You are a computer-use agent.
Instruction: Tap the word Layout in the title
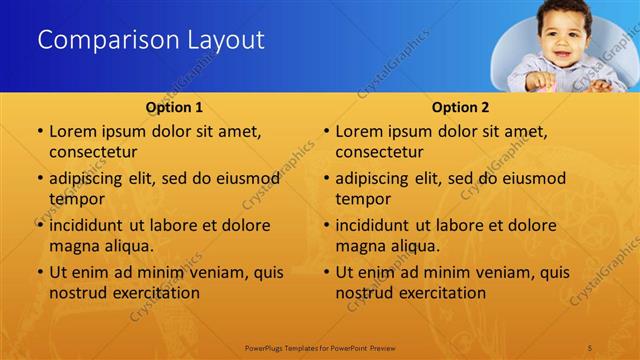click(x=225, y=41)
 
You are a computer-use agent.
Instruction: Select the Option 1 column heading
click(x=174, y=107)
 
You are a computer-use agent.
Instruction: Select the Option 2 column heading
click(x=460, y=107)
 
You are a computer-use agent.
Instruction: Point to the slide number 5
click(x=592, y=346)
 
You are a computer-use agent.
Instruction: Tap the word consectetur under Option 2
click(x=379, y=152)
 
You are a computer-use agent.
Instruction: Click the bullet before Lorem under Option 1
click(x=39, y=132)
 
